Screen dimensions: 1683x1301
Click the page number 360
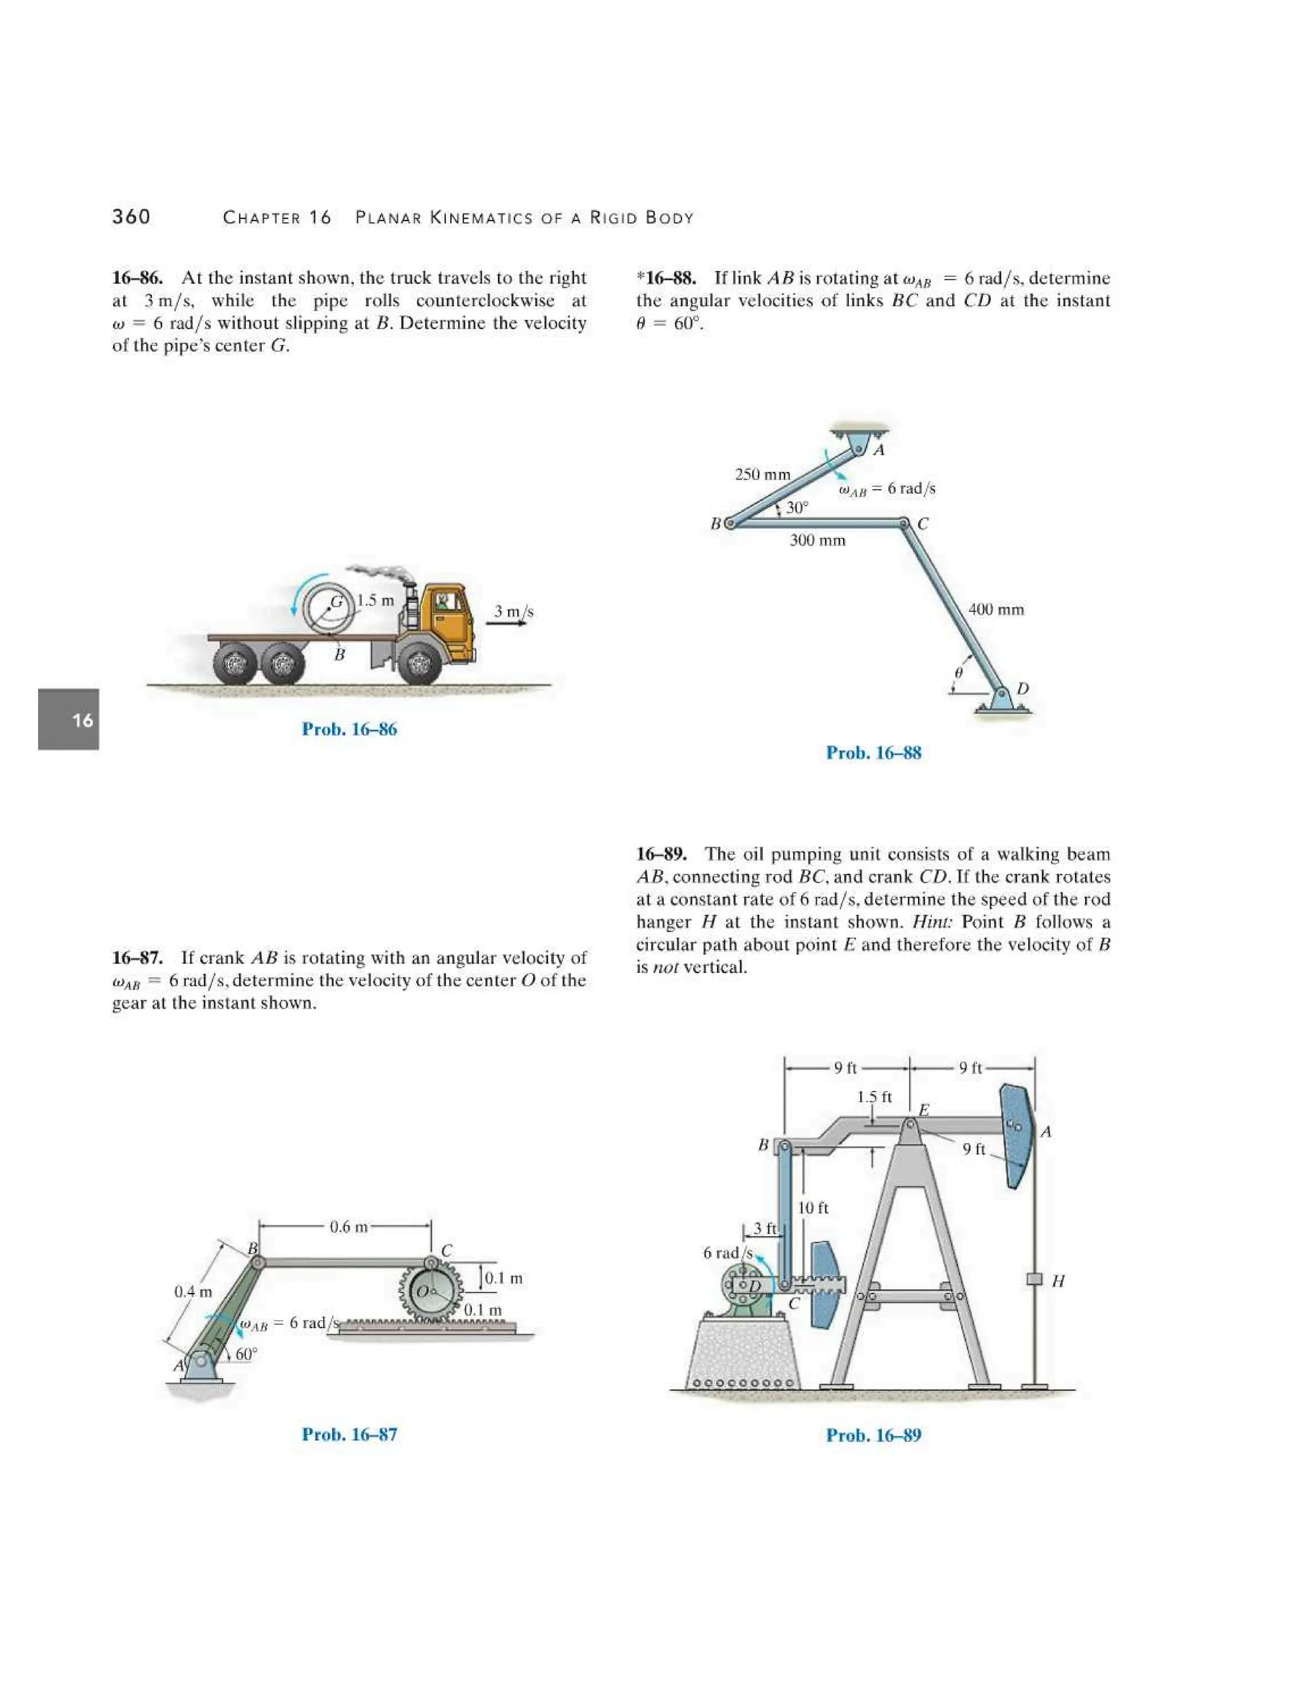(x=131, y=217)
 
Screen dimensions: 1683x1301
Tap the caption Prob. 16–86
(x=349, y=729)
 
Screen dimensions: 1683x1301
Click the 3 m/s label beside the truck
(x=513, y=611)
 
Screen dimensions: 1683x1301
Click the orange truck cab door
(x=452, y=620)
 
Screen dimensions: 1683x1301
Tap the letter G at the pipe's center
(x=337, y=602)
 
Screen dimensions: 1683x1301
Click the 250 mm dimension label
(x=762, y=474)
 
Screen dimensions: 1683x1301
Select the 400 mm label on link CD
(x=996, y=610)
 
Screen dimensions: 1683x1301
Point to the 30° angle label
(x=798, y=507)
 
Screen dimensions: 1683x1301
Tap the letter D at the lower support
(x=1023, y=687)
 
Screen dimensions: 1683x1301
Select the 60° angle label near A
(x=246, y=1354)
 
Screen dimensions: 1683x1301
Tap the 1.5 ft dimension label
(x=874, y=1097)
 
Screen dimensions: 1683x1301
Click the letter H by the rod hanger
(x=1058, y=1281)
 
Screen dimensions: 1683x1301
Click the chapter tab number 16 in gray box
(x=82, y=720)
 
